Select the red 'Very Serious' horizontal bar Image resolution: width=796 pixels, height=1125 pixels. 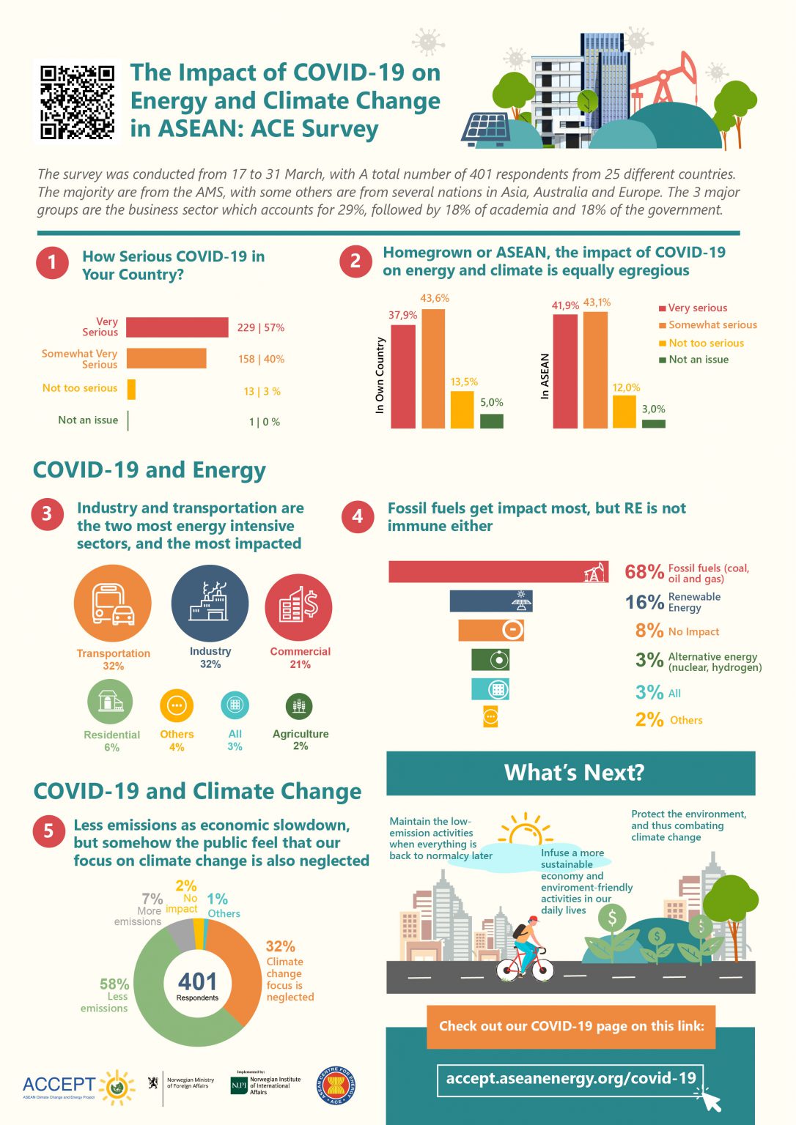177,327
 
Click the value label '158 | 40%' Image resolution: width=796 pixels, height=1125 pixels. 261,359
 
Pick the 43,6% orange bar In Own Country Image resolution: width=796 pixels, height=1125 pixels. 433,368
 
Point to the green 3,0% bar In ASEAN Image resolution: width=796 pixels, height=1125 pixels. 653,423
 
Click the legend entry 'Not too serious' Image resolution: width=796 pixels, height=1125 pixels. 706,343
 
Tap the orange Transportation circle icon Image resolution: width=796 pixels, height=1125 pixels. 113,604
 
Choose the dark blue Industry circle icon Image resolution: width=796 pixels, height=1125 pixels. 210,604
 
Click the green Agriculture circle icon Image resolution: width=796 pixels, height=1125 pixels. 299,706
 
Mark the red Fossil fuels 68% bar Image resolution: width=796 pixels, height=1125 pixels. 498,572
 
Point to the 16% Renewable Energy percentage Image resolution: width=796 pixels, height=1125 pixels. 644,602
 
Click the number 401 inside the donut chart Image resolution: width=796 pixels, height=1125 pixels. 197,981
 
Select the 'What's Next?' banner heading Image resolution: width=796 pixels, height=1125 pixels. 574,773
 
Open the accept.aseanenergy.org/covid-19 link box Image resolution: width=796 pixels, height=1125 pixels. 570,1078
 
